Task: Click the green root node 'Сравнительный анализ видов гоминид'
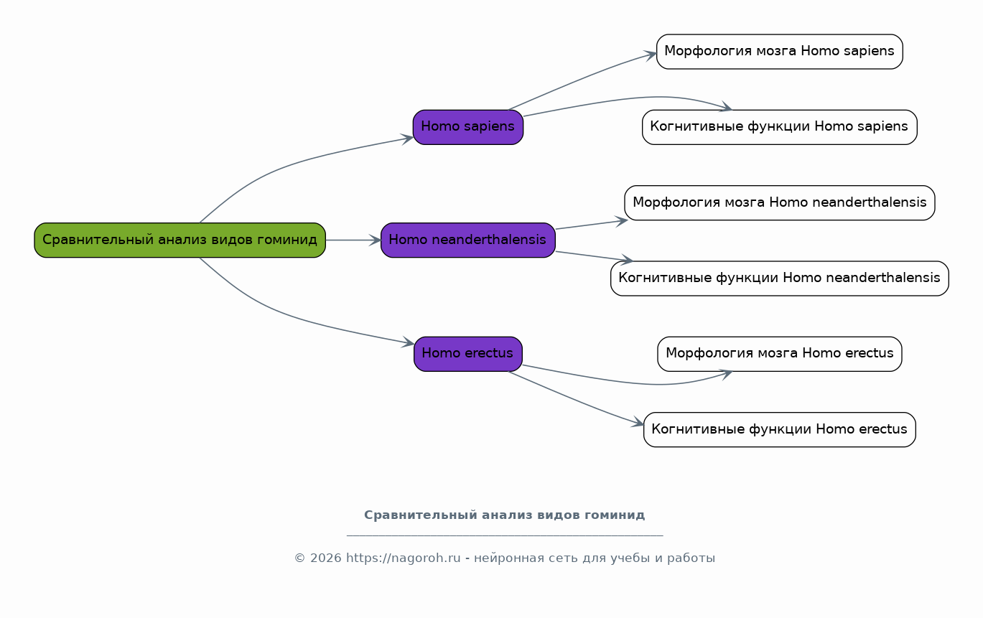point(180,240)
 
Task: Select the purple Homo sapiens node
point(467,127)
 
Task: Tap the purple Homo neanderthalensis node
point(467,240)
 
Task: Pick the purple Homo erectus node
point(467,354)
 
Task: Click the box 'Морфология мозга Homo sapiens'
point(779,52)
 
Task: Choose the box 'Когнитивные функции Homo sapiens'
point(779,127)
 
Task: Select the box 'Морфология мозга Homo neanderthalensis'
point(779,202)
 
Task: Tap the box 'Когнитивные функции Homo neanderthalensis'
point(779,278)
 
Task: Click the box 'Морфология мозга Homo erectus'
point(779,354)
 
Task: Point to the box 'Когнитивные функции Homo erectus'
point(779,429)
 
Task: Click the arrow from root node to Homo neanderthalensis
point(353,240)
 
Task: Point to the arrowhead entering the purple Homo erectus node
point(409,342)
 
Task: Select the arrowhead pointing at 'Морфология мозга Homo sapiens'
point(651,55)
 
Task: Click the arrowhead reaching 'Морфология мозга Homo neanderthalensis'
point(621,221)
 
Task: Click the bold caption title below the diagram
point(505,515)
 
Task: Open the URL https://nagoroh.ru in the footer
point(404,558)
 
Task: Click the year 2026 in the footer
point(325,558)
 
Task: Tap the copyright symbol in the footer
point(299,558)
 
